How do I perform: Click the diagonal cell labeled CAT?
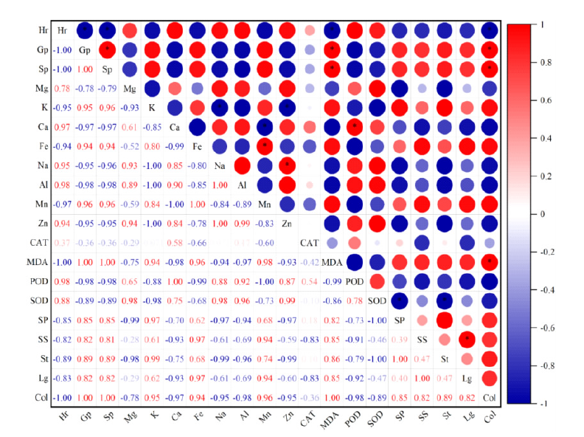310,242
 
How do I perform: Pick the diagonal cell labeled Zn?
288,223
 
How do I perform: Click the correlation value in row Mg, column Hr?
63,89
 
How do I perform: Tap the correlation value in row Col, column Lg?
467,396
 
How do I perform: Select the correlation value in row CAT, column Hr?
63,242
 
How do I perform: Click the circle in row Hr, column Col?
489,31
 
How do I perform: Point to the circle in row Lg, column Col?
489,377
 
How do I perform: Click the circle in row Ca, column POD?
355,127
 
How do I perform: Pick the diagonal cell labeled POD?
355,281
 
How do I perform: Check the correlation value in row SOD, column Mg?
130,300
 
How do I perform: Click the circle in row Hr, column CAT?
310,31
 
